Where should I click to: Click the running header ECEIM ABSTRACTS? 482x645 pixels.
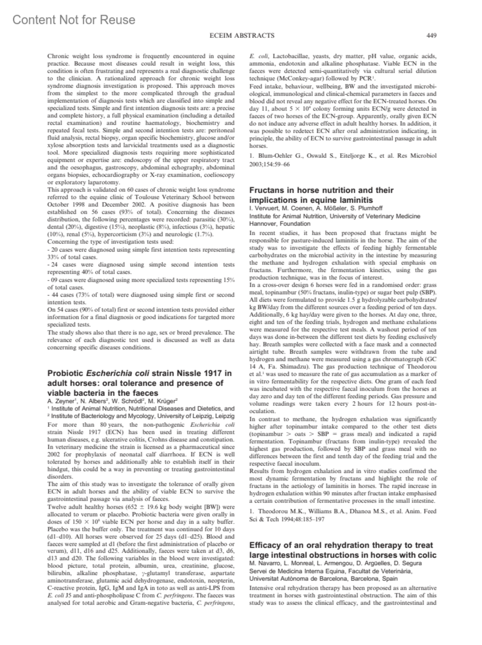point(242,35)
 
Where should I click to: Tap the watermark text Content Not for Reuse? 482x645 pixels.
point(74,20)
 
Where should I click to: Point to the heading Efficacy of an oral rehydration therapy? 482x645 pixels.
point(341,545)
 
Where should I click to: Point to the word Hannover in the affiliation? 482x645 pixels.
point(262,224)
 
